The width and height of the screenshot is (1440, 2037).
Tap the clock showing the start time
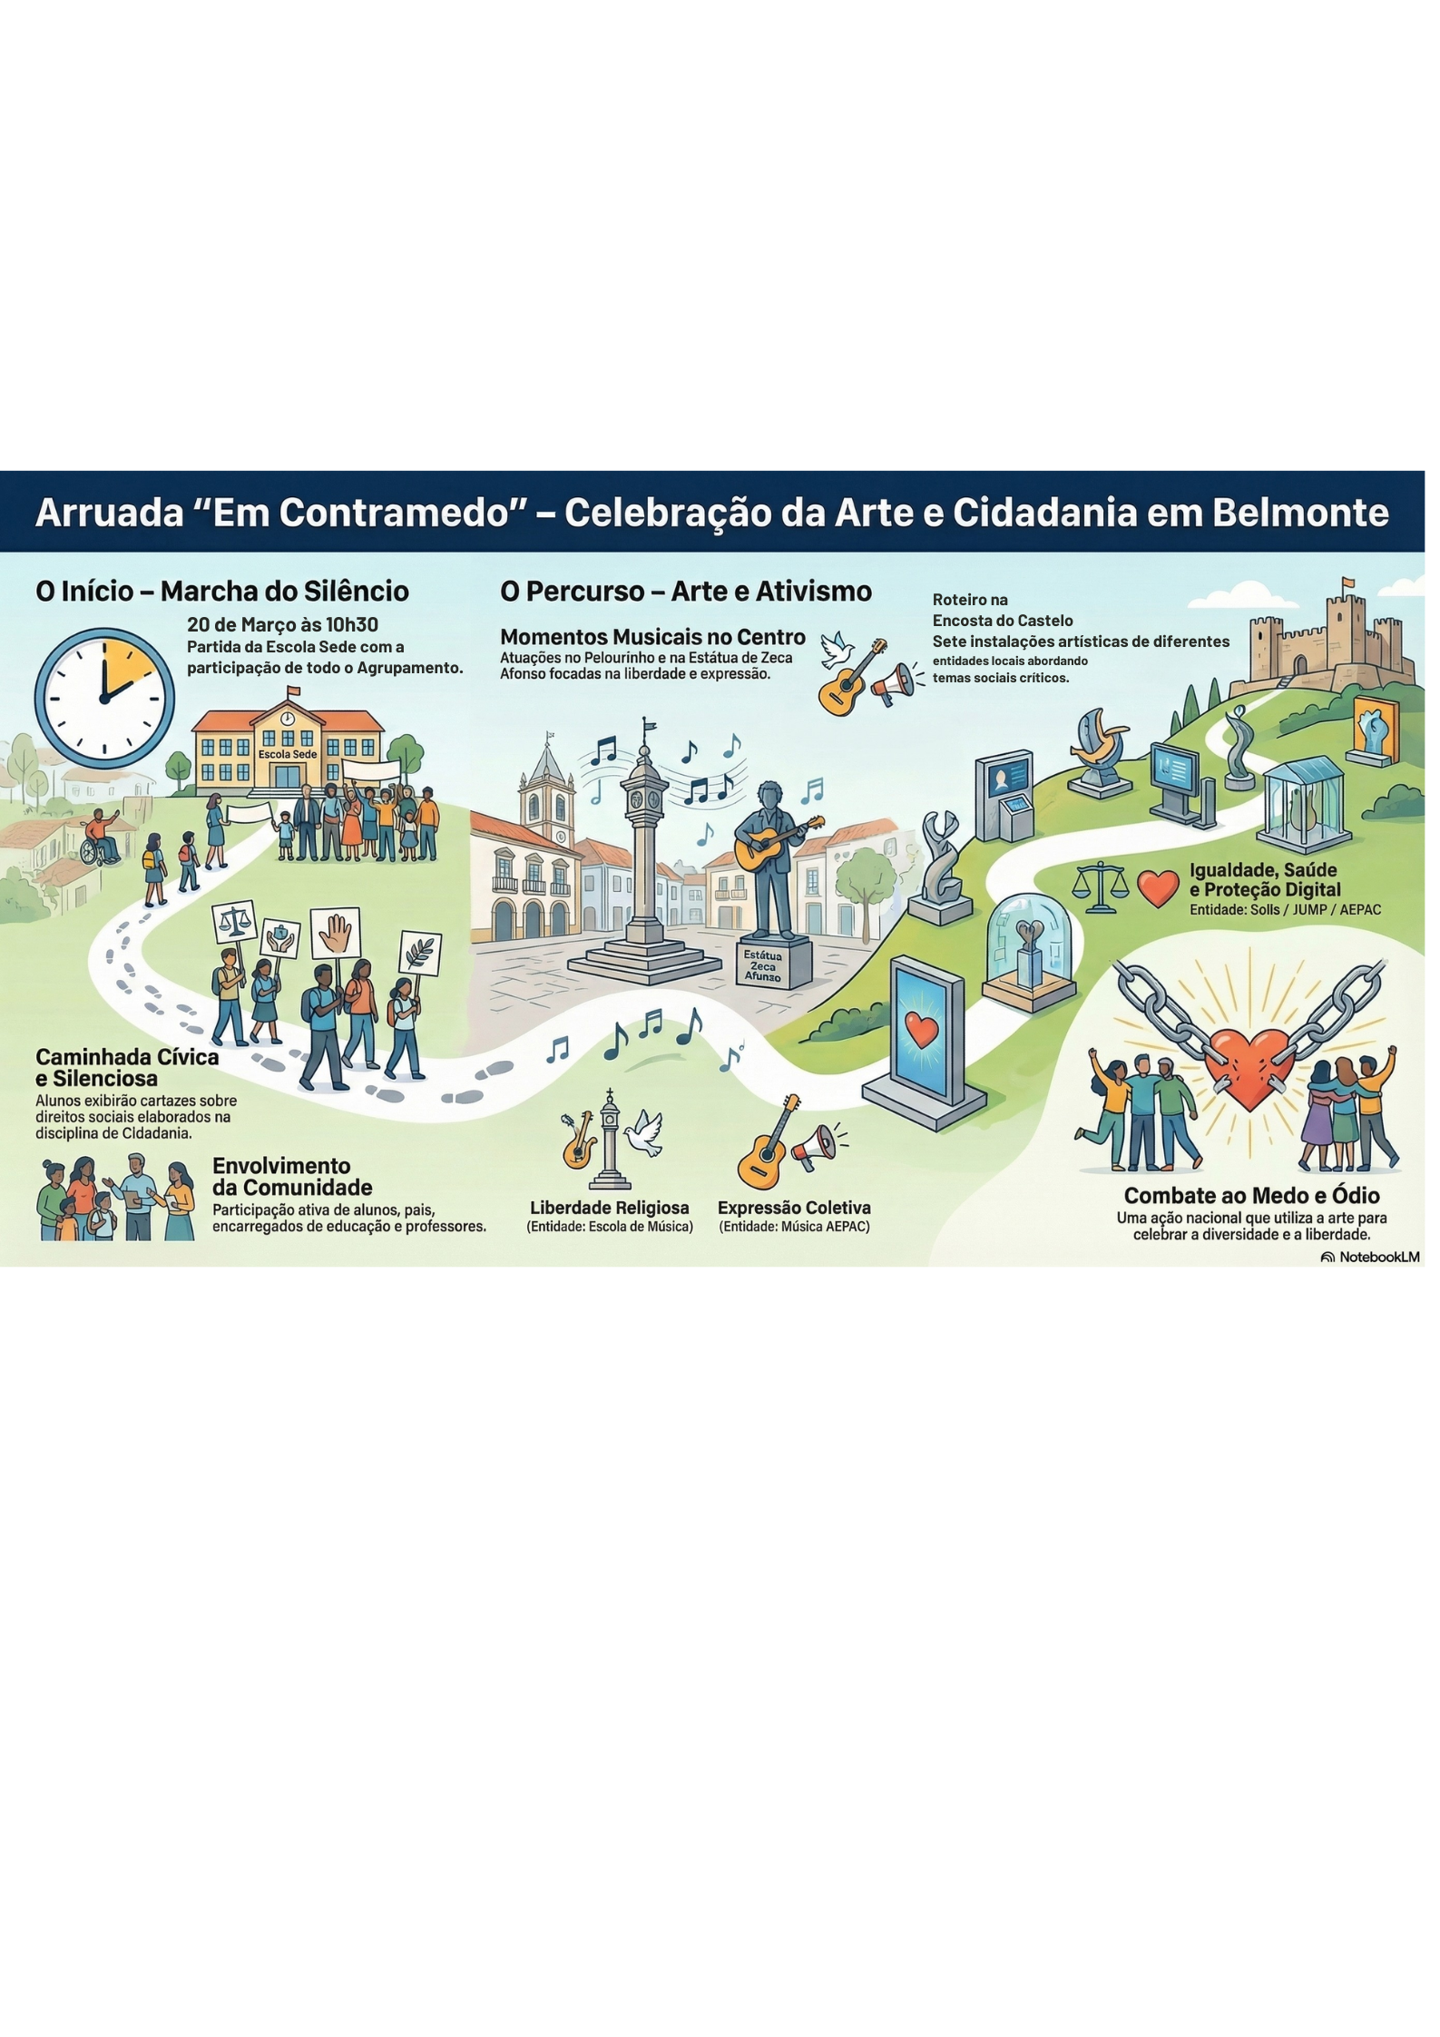point(104,700)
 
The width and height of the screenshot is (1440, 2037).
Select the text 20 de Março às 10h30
point(282,624)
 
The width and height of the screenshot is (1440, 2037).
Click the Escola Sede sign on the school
point(288,754)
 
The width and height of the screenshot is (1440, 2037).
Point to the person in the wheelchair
point(99,837)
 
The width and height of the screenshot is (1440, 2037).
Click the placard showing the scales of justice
point(233,924)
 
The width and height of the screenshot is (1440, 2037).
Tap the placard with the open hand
point(336,932)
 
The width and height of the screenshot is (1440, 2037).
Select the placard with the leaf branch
point(420,954)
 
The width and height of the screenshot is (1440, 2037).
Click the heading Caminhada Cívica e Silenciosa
point(127,1068)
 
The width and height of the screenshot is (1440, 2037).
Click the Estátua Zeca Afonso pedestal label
point(762,965)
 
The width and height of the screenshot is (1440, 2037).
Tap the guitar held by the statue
point(779,843)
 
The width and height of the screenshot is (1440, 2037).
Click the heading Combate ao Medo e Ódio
point(1251,1195)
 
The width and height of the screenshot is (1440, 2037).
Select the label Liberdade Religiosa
point(610,1208)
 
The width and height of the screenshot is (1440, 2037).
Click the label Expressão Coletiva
point(794,1208)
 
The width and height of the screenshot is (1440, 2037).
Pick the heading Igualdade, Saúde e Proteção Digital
point(1265,880)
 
